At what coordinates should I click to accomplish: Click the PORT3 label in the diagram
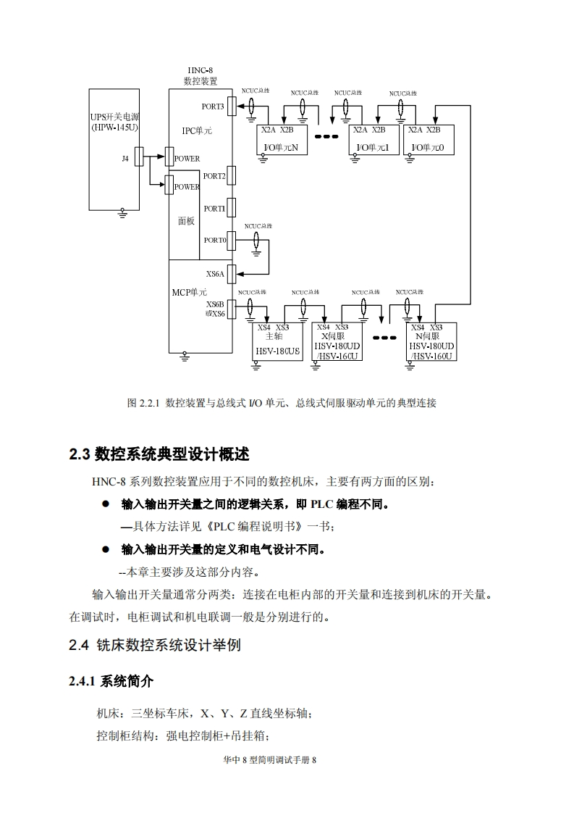coord(213,107)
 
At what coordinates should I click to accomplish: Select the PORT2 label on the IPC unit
coord(214,176)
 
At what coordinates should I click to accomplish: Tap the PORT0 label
coord(215,240)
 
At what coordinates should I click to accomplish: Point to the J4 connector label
coord(125,159)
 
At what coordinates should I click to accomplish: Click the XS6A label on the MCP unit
coord(216,274)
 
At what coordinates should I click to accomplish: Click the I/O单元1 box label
coord(373,148)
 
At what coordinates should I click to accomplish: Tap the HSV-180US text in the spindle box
coord(277,351)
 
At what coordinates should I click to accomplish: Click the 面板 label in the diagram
coord(186,221)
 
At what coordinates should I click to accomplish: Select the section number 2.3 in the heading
coord(79,455)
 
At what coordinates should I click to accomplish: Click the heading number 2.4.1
coord(83,682)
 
